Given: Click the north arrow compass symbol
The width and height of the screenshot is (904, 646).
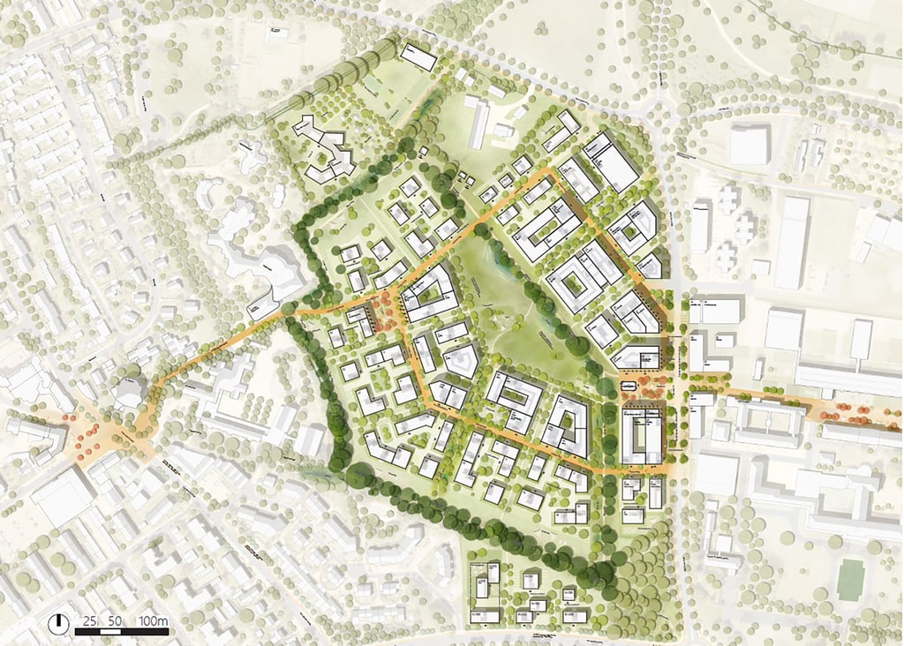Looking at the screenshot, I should [x=59, y=622].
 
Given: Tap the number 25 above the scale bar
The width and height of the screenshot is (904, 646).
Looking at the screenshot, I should [x=89, y=621].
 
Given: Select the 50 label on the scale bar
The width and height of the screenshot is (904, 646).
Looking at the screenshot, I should [x=115, y=621].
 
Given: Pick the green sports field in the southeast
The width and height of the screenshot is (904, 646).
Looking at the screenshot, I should [x=850, y=579].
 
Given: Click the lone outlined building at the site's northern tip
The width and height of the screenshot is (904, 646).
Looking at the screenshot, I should [x=418, y=57].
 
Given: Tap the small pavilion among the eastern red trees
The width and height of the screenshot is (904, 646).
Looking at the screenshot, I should [x=629, y=387].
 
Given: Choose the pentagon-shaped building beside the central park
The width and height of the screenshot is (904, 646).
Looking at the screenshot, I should [x=460, y=360].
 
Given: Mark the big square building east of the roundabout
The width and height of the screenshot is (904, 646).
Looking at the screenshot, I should [x=749, y=144].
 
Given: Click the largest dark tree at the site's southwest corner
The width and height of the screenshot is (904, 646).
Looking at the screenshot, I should [x=359, y=476].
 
